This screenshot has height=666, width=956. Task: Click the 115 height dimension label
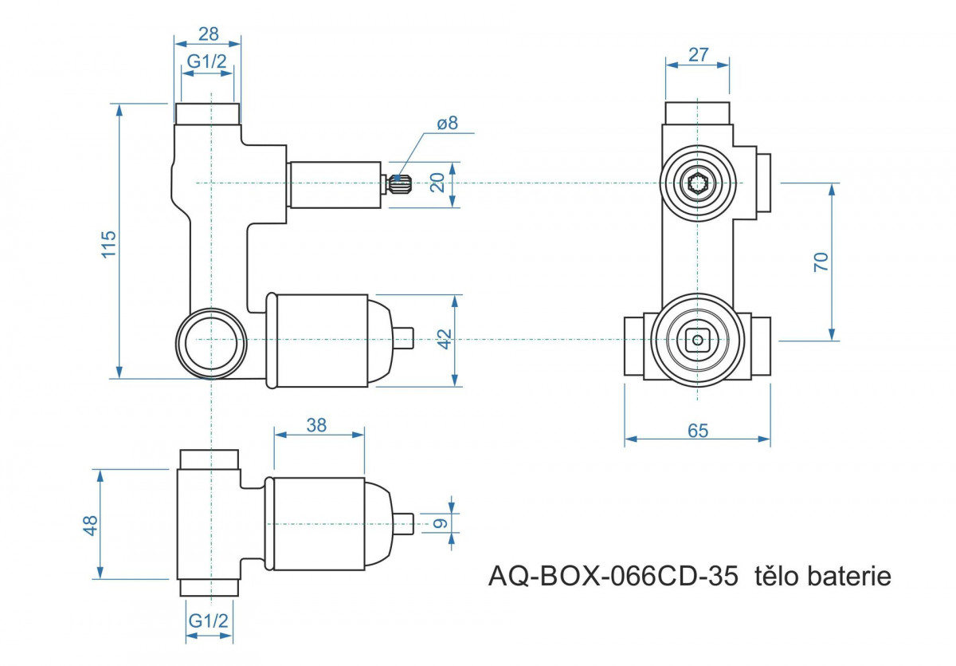click(x=109, y=243)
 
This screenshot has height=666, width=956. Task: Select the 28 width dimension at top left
click(x=208, y=33)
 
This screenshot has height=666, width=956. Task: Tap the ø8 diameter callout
click(x=448, y=123)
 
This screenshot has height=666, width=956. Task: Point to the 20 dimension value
click(x=437, y=183)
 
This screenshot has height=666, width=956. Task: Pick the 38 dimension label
click(x=317, y=425)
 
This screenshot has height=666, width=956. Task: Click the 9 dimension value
click(x=438, y=524)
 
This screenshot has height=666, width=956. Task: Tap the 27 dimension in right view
click(x=698, y=55)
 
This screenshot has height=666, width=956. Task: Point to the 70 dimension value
click(x=821, y=262)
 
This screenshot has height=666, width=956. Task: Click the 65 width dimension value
click(x=697, y=431)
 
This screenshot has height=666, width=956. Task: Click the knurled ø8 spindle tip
click(x=400, y=184)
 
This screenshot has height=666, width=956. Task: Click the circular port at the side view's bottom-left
click(x=210, y=341)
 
